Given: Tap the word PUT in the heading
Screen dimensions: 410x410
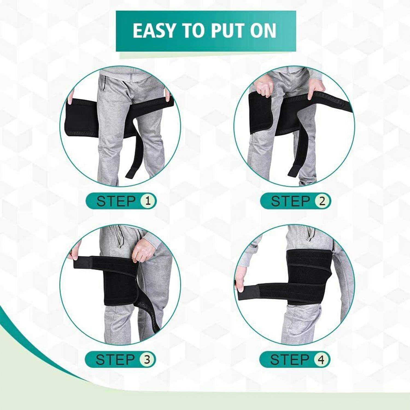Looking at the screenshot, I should (x=229, y=31).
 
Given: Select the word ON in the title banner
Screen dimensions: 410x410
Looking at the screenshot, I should (x=263, y=31).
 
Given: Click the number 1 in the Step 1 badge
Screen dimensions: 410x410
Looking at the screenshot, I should (x=148, y=201).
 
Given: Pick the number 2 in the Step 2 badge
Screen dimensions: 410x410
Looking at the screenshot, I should (x=322, y=201).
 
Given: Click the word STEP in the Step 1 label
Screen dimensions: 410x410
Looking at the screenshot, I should (x=116, y=201).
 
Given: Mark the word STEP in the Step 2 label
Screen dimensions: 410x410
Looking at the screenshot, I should (x=291, y=201).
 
